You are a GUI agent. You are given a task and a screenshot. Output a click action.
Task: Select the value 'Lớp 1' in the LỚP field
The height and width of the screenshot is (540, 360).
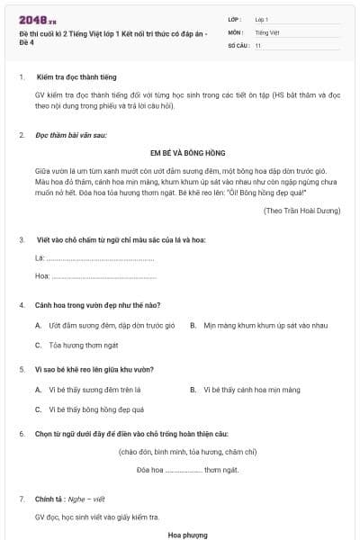point(262,19)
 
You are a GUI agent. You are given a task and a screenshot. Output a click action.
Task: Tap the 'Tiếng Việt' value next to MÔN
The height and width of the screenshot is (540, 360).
point(267,31)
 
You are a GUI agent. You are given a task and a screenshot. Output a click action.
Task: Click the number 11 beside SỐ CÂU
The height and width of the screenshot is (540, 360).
point(258,44)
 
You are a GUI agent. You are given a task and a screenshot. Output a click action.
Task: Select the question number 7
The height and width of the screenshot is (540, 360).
point(21,498)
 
